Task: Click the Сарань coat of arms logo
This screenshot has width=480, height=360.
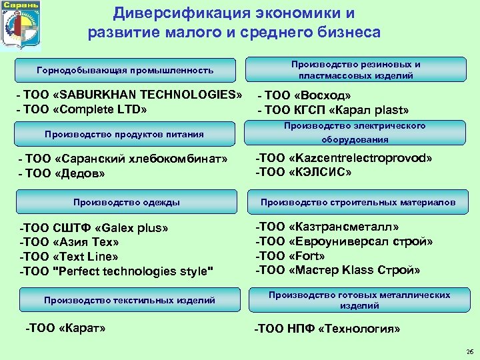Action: point(21,25)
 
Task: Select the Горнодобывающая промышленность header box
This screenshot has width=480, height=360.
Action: point(125,70)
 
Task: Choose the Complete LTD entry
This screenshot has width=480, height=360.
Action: point(84,109)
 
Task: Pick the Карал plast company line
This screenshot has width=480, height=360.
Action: point(333,111)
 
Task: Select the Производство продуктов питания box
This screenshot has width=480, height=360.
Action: point(125,134)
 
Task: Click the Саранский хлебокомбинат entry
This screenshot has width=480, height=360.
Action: point(124,159)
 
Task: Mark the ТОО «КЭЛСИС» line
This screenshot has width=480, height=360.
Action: point(303,172)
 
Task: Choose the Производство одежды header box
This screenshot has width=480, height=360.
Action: point(126,202)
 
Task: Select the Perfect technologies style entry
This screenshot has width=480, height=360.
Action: point(117,271)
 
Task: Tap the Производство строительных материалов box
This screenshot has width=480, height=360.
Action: point(358,202)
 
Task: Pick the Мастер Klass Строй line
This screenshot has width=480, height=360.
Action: point(338,270)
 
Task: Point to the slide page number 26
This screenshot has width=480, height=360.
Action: point(469,351)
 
